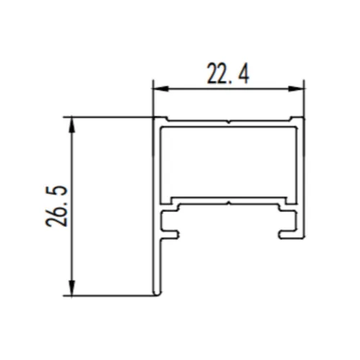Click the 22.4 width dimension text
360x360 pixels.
tap(228, 73)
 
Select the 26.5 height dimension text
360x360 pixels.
tap(57, 206)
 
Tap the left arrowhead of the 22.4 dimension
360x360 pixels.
tap(158, 89)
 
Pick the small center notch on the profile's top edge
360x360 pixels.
tap(228, 120)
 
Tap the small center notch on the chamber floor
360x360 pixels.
tap(228, 203)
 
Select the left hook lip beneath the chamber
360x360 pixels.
tap(172, 231)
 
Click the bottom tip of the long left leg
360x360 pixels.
tap(156, 293)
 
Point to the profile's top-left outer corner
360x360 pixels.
tap(153, 117)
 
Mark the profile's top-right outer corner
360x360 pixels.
tap(303, 117)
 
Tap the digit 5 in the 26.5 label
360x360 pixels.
tap(57, 192)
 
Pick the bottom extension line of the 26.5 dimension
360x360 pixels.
tap(108, 294)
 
